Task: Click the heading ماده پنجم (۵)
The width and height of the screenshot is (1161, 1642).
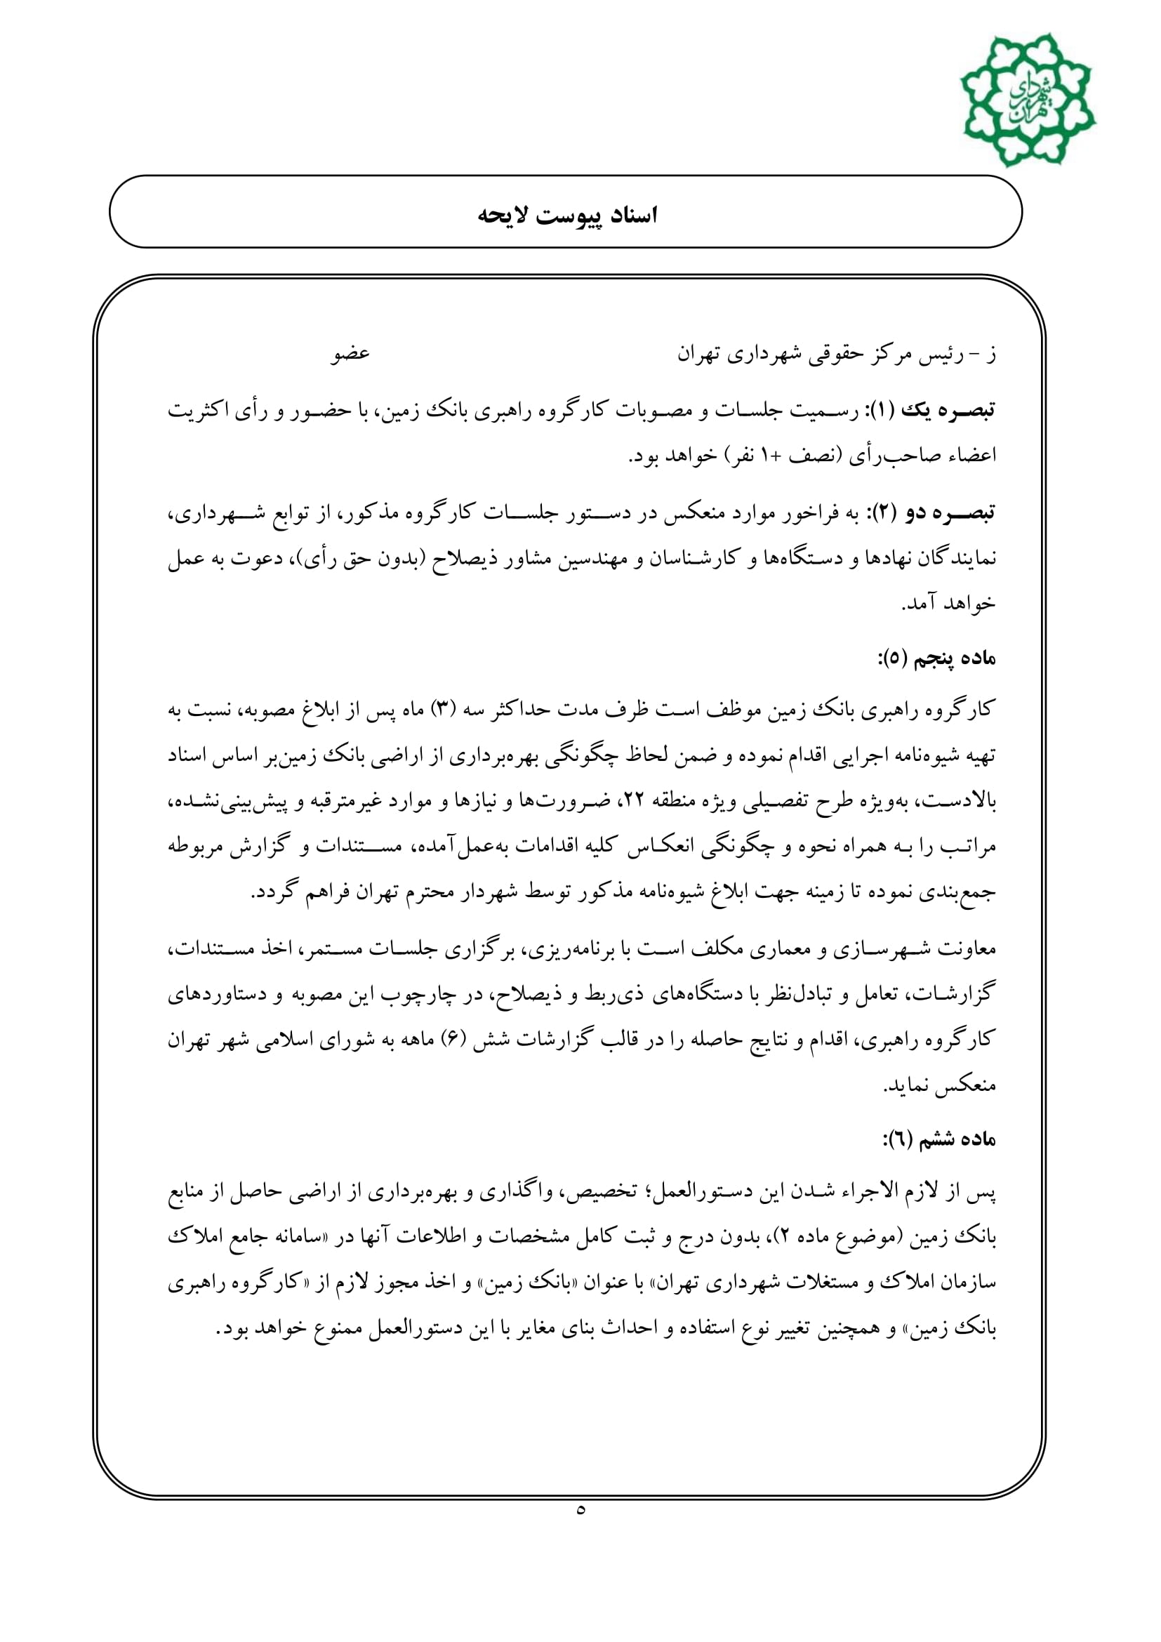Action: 936,658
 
